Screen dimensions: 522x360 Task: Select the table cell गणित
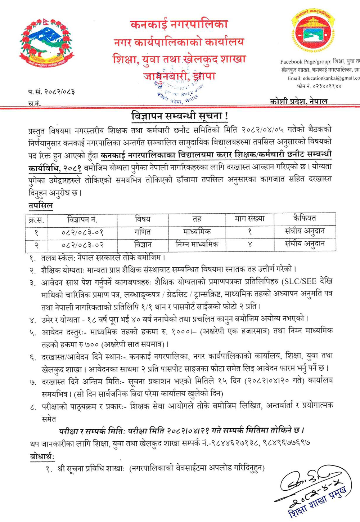143,232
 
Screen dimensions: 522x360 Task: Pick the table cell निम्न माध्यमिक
197,244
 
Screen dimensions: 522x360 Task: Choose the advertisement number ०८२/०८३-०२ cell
83,245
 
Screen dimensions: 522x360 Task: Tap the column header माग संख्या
249,219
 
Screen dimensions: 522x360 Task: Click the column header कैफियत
305,218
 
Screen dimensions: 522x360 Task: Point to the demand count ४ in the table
249,245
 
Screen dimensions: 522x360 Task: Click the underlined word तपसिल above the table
41,206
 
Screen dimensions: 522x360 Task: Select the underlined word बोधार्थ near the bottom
42,457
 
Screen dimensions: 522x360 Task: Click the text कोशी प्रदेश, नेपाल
299,101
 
